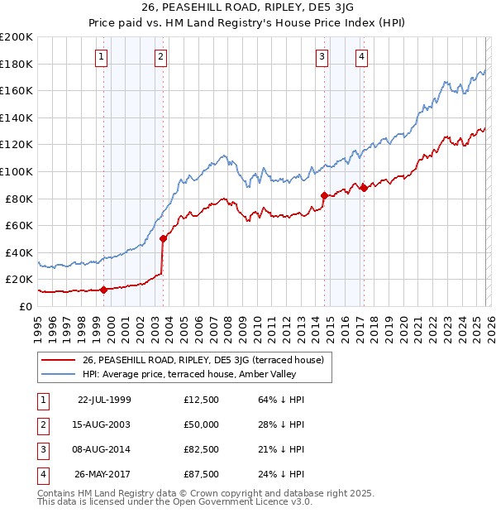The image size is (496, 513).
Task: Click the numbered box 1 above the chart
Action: click(100, 57)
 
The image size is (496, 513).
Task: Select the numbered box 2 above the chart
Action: click(160, 57)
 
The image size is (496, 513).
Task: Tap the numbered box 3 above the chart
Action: click(321, 57)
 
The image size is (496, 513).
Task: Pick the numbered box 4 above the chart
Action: click(362, 57)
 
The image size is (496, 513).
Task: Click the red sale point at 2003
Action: click(163, 238)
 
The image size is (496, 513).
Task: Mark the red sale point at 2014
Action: click(323, 195)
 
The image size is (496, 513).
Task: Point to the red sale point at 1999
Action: click(103, 290)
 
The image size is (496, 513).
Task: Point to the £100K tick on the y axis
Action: click(17, 171)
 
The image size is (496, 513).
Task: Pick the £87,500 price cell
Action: click(202, 474)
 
